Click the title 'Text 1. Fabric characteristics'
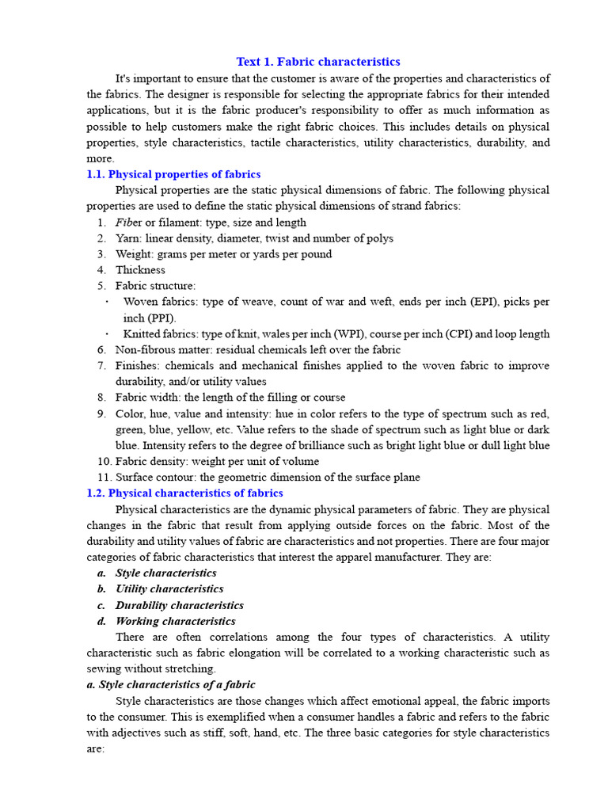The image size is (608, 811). (x=318, y=62)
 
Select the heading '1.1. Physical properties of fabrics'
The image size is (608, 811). (x=173, y=174)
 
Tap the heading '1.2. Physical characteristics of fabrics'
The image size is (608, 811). (x=184, y=493)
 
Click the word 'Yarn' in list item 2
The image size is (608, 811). (x=127, y=238)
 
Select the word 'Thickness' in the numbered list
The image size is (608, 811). (x=140, y=270)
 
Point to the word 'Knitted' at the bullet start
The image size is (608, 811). (x=142, y=333)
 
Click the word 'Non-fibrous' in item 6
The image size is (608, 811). (x=144, y=349)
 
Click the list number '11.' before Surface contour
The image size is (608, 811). (x=103, y=477)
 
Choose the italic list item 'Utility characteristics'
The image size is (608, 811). (x=169, y=588)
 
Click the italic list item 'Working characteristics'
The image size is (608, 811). (x=175, y=621)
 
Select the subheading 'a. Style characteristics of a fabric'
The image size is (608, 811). (x=171, y=684)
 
